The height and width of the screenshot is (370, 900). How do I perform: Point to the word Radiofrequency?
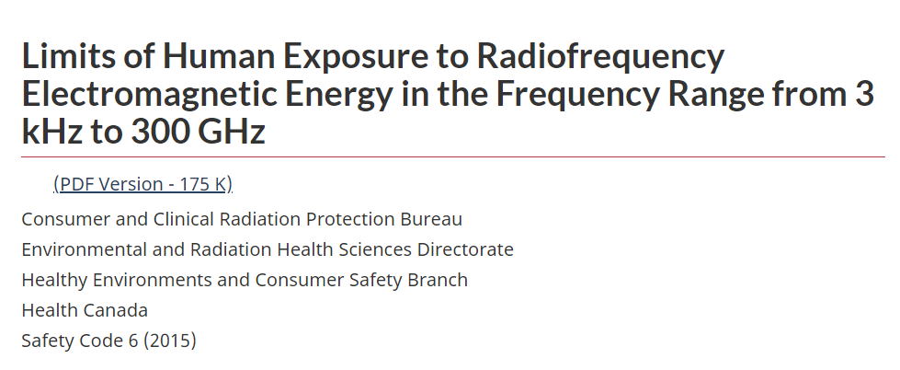[600, 56]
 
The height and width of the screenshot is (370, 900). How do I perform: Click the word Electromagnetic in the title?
[149, 94]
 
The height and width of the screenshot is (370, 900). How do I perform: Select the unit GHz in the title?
[232, 131]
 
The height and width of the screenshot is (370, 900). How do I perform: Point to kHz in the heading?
[52, 131]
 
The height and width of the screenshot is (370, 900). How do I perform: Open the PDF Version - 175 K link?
[142, 184]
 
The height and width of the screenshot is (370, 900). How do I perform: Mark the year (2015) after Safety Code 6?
[170, 341]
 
